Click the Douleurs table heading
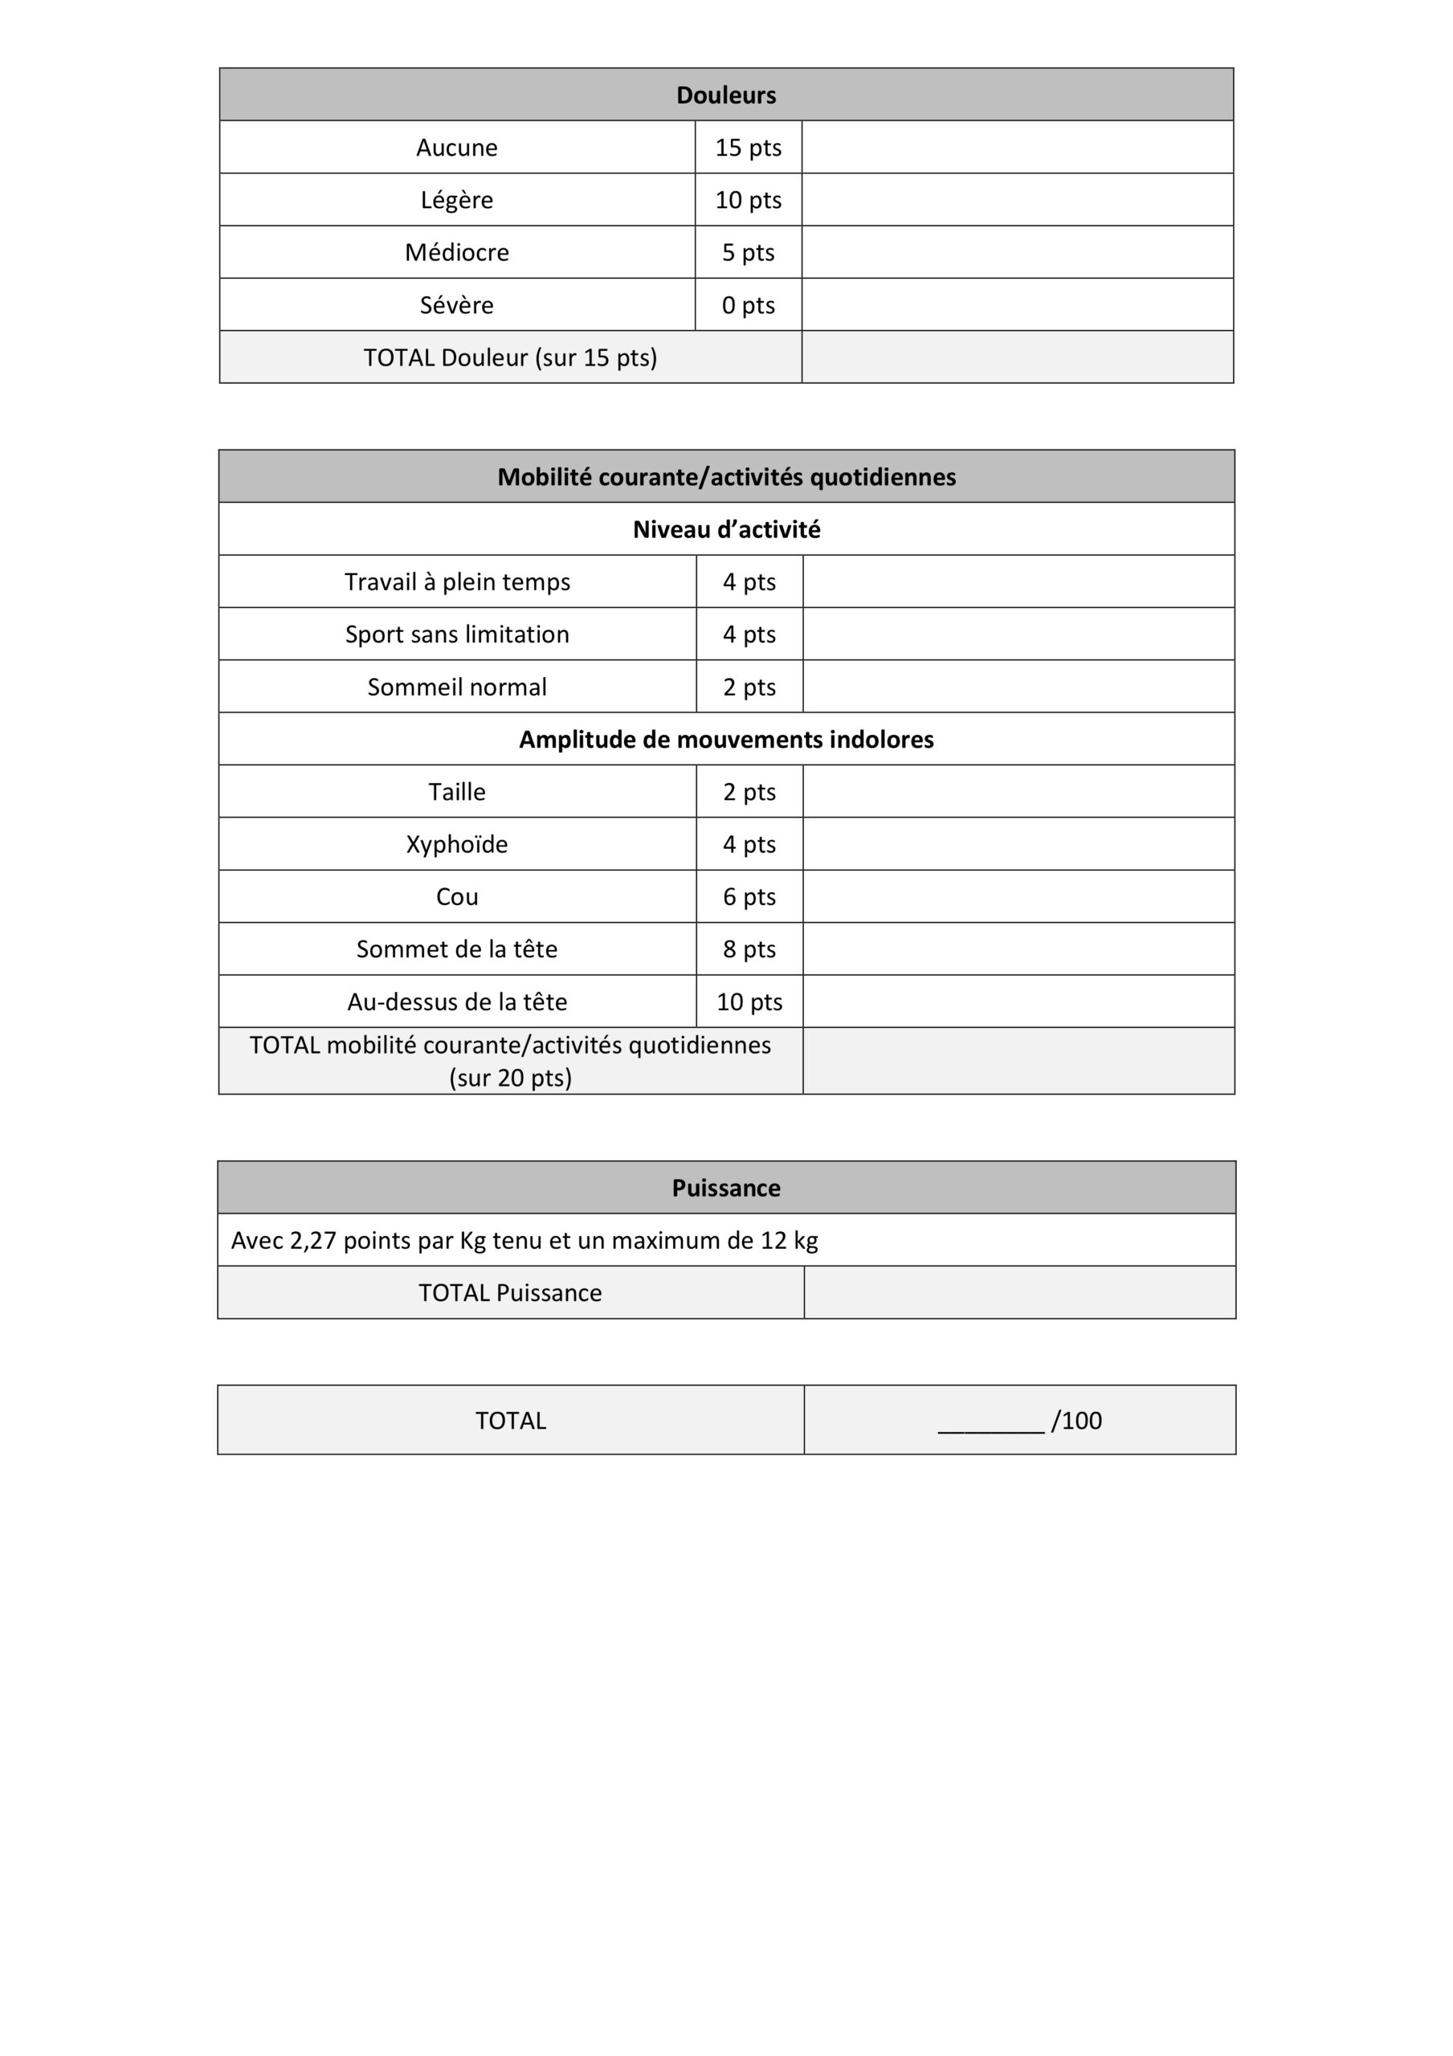point(725,95)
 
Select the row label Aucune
point(457,148)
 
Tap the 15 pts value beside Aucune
point(748,148)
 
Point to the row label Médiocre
point(457,252)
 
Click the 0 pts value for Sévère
point(748,305)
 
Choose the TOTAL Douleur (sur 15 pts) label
point(510,358)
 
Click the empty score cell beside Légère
point(1017,200)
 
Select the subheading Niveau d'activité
point(725,530)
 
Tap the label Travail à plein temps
point(457,582)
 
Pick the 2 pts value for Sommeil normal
point(749,687)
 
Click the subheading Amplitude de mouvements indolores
point(725,740)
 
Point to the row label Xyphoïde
point(457,844)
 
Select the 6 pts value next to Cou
point(749,897)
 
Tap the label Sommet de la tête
point(457,949)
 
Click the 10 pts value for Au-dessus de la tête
point(749,1002)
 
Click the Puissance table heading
point(725,1189)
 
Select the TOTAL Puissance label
point(510,1293)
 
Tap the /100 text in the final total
point(1077,1421)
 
